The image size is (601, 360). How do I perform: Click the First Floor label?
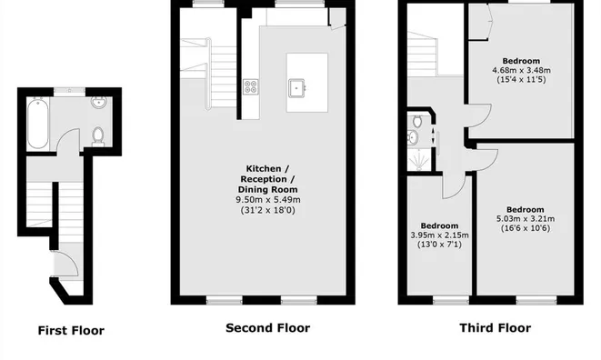click(x=71, y=331)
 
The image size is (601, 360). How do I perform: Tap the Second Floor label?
click(x=268, y=328)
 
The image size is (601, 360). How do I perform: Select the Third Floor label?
click(x=496, y=328)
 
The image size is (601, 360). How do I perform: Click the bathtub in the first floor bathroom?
click(x=38, y=124)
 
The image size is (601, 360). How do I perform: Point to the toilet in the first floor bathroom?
click(x=98, y=137)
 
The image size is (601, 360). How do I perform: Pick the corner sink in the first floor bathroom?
click(x=99, y=102)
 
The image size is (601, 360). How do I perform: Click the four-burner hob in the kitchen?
click(x=250, y=86)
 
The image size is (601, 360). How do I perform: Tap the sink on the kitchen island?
click(x=296, y=88)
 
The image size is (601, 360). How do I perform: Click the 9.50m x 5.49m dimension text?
click(x=268, y=200)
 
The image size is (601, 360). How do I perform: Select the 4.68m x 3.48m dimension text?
click(x=521, y=70)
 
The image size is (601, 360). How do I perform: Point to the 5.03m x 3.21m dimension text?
click(x=526, y=219)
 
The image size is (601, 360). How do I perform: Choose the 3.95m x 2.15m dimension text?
click(x=440, y=235)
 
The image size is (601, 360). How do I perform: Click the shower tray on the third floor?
click(x=420, y=159)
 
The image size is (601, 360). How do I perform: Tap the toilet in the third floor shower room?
click(x=416, y=122)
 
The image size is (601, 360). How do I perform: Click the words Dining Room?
click(x=267, y=189)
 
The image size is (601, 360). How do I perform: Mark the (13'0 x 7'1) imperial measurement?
click(x=440, y=245)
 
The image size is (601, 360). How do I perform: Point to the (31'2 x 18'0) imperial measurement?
click(x=268, y=210)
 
